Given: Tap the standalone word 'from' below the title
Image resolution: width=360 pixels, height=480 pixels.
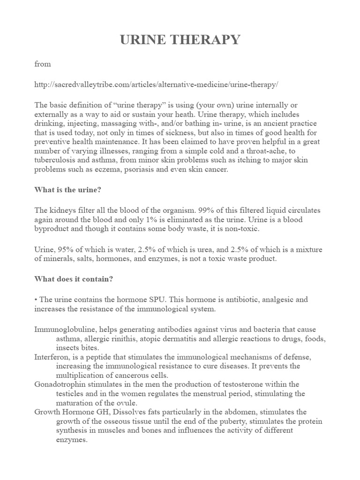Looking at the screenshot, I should point(42,64).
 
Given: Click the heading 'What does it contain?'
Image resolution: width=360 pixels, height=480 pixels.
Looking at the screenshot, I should point(74,278).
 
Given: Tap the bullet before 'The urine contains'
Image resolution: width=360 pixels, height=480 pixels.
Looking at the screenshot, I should point(36,299).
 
